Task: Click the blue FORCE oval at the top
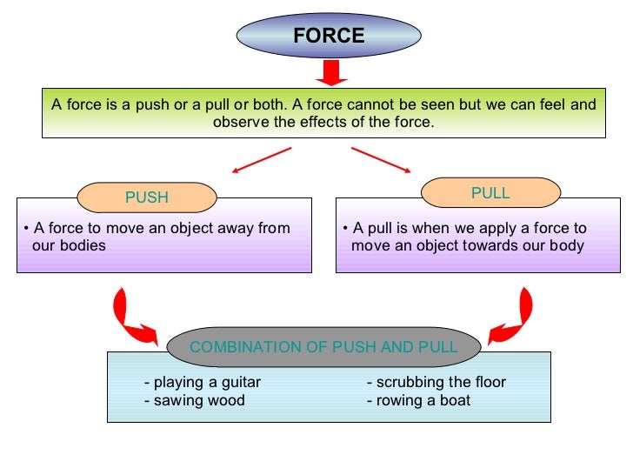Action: [x=329, y=36]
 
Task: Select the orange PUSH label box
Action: [x=147, y=197]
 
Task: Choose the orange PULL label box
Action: [x=490, y=193]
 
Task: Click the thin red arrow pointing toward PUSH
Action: [x=262, y=162]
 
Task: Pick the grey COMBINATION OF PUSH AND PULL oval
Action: [x=323, y=347]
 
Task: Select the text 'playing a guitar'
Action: [x=203, y=383]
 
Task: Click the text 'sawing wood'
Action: [x=195, y=401]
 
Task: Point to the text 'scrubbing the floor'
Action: [x=436, y=383]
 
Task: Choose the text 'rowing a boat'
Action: [x=419, y=401]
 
